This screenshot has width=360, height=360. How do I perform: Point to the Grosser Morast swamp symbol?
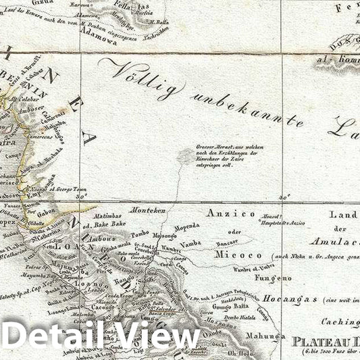[184, 157]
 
